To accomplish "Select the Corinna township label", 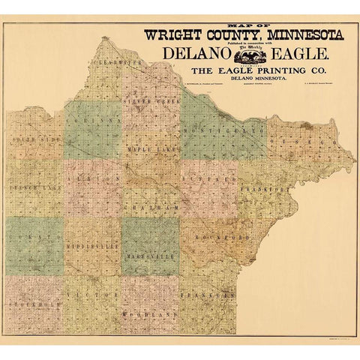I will [x=94, y=118].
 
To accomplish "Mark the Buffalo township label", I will [x=209, y=181].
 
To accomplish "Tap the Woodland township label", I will [x=153, y=315].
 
